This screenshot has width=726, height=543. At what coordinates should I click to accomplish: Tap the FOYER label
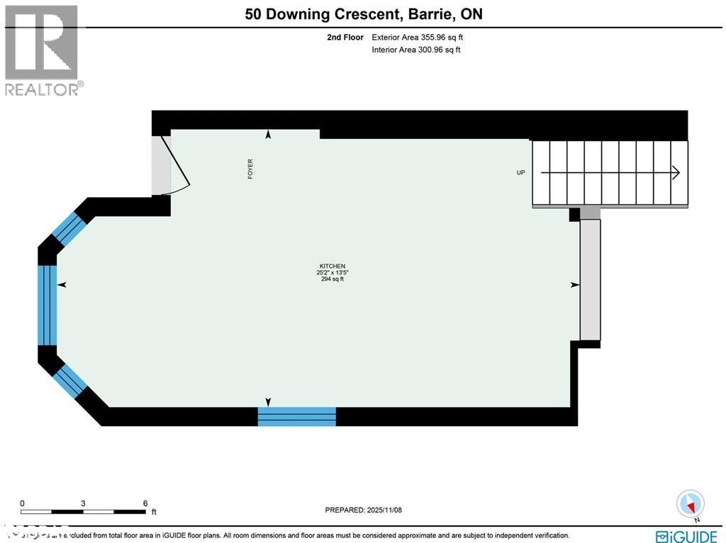pos(250,169)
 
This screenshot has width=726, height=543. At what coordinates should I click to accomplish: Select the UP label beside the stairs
pos(521,172)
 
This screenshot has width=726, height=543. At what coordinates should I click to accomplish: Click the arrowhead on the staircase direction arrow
pos(676,172)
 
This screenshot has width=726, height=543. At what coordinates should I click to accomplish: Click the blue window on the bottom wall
pos(296,417)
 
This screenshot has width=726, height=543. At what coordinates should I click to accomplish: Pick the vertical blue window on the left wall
pos(48,305)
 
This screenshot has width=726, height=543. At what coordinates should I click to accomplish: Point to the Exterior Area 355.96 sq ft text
pos(418,38)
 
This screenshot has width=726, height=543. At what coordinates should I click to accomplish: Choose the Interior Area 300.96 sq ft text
pos(416,50)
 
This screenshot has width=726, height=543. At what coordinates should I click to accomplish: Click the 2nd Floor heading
pos(345,38)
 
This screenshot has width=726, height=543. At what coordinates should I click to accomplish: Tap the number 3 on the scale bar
pos(83,503)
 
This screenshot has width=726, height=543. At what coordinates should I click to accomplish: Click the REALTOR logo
pos(43,50)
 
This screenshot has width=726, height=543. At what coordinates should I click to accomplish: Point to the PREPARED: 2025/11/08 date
pos(363,510)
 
